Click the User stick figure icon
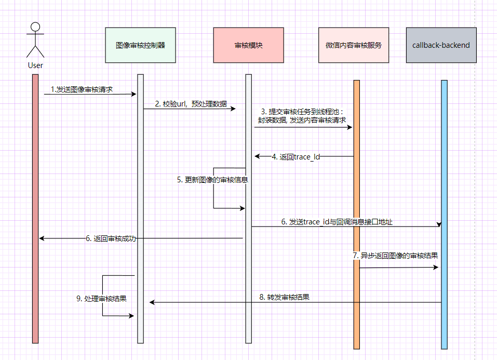point(35,41)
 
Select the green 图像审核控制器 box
point(140,45)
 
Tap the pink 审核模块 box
point(248,45)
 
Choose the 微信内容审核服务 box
point(354,45)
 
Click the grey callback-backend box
point(441,45)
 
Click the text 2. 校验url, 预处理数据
point(191,104)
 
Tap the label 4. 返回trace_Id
point(295,156)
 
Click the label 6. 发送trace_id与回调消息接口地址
point(337,222)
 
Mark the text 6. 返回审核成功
point(111,238)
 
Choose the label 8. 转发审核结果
point(284,298)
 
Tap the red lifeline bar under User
point(35,208)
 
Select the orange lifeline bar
point(356,208)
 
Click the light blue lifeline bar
point(444,208)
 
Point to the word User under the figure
point(35,65)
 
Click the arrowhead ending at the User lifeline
point(42,238)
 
